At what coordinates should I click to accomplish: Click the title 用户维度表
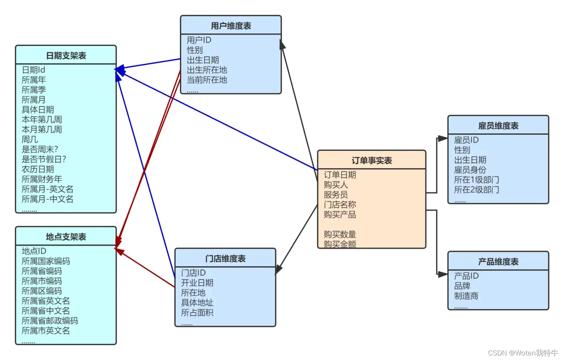pos(231,26)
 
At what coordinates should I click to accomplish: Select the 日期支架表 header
pos(66,56)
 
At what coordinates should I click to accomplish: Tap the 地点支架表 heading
pos(66,237)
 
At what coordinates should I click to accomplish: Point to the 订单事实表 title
pos(371,161)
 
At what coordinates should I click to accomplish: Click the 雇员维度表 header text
pos(498,126)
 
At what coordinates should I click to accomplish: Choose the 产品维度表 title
pos(498,261)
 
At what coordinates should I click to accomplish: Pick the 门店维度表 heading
pos(225,258)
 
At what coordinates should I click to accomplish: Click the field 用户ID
pos(199,40)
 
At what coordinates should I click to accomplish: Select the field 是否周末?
pos(40,149)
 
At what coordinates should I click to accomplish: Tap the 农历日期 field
pos(38,169)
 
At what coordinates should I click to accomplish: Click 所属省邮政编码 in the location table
pos(50,321)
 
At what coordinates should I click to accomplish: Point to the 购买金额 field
pos(340,244)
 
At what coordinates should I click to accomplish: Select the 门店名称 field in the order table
pos(340,205)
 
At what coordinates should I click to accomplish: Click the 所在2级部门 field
pos(476,190)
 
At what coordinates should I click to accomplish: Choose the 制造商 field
pos(466,296)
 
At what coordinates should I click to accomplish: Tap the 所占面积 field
pos(197,313)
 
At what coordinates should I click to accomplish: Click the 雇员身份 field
pos(470,170)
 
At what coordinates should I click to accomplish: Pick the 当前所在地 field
pos(207,80)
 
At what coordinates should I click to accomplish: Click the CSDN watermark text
pos(523,353)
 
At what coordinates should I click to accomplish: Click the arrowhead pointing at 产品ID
pos(443,275)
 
